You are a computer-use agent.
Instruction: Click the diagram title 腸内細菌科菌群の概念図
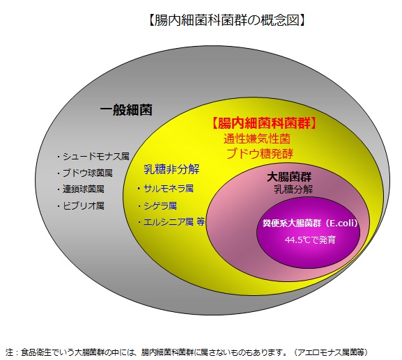click(226, 20)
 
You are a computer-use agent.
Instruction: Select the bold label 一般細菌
click(126, 109)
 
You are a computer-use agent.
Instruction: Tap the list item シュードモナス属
click(96, 156)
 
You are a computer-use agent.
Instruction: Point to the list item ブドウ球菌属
click(87, 173)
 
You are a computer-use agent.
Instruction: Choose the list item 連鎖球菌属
click(84, 189)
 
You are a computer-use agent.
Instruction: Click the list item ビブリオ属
click(84, 205)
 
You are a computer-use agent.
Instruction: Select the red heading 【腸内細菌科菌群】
click(263, 123)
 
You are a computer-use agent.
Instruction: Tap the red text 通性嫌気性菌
click(257, 139)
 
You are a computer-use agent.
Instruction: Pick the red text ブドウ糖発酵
click(260, 154)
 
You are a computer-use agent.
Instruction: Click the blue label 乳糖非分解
click(171, 169)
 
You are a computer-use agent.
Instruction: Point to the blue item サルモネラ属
click(168, 189)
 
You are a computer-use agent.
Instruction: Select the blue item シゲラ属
click(160, 205)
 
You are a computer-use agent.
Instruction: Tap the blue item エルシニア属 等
click(173, 222)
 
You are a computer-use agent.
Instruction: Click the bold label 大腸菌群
click(289, 177)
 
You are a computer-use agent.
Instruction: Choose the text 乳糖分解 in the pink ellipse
click(293, 189)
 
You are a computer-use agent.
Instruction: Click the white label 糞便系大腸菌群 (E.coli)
click(310, 224)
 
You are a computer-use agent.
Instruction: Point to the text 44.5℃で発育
click(310, 240)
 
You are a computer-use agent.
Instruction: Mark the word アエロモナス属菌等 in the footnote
click(331, 352)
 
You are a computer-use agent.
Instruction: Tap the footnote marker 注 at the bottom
click(9, 352)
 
